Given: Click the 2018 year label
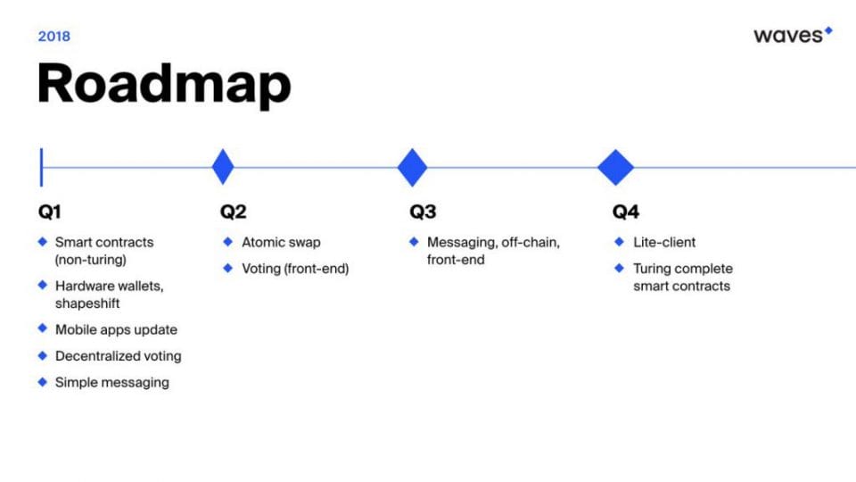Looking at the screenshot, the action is [54, 36].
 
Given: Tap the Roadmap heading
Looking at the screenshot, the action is [164, 84].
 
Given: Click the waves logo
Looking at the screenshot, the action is [793, 35].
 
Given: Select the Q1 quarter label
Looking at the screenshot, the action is [50, 212].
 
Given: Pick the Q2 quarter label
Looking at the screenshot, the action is [233, 212].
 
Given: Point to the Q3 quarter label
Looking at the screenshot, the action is [423, 212].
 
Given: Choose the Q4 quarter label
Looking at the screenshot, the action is [626, 212].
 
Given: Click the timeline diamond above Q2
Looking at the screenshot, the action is [223, 167].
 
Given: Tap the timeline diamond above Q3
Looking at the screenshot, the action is [412, 167].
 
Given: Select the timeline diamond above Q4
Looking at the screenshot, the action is [616, 167].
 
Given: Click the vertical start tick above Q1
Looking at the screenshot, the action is [42, 167].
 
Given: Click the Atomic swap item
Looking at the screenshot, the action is [281, 242].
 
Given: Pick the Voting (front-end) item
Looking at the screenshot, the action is [295, 269].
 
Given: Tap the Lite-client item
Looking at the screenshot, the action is [664, 242].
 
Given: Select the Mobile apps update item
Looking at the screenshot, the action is [116, 329].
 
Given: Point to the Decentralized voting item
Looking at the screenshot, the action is [119, 356].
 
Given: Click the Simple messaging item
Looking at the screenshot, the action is [112, 382].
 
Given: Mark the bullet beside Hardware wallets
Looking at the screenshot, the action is [43, 285].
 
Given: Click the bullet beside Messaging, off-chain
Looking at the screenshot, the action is [414, 242].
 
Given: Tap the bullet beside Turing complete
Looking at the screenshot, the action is [619, 268].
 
